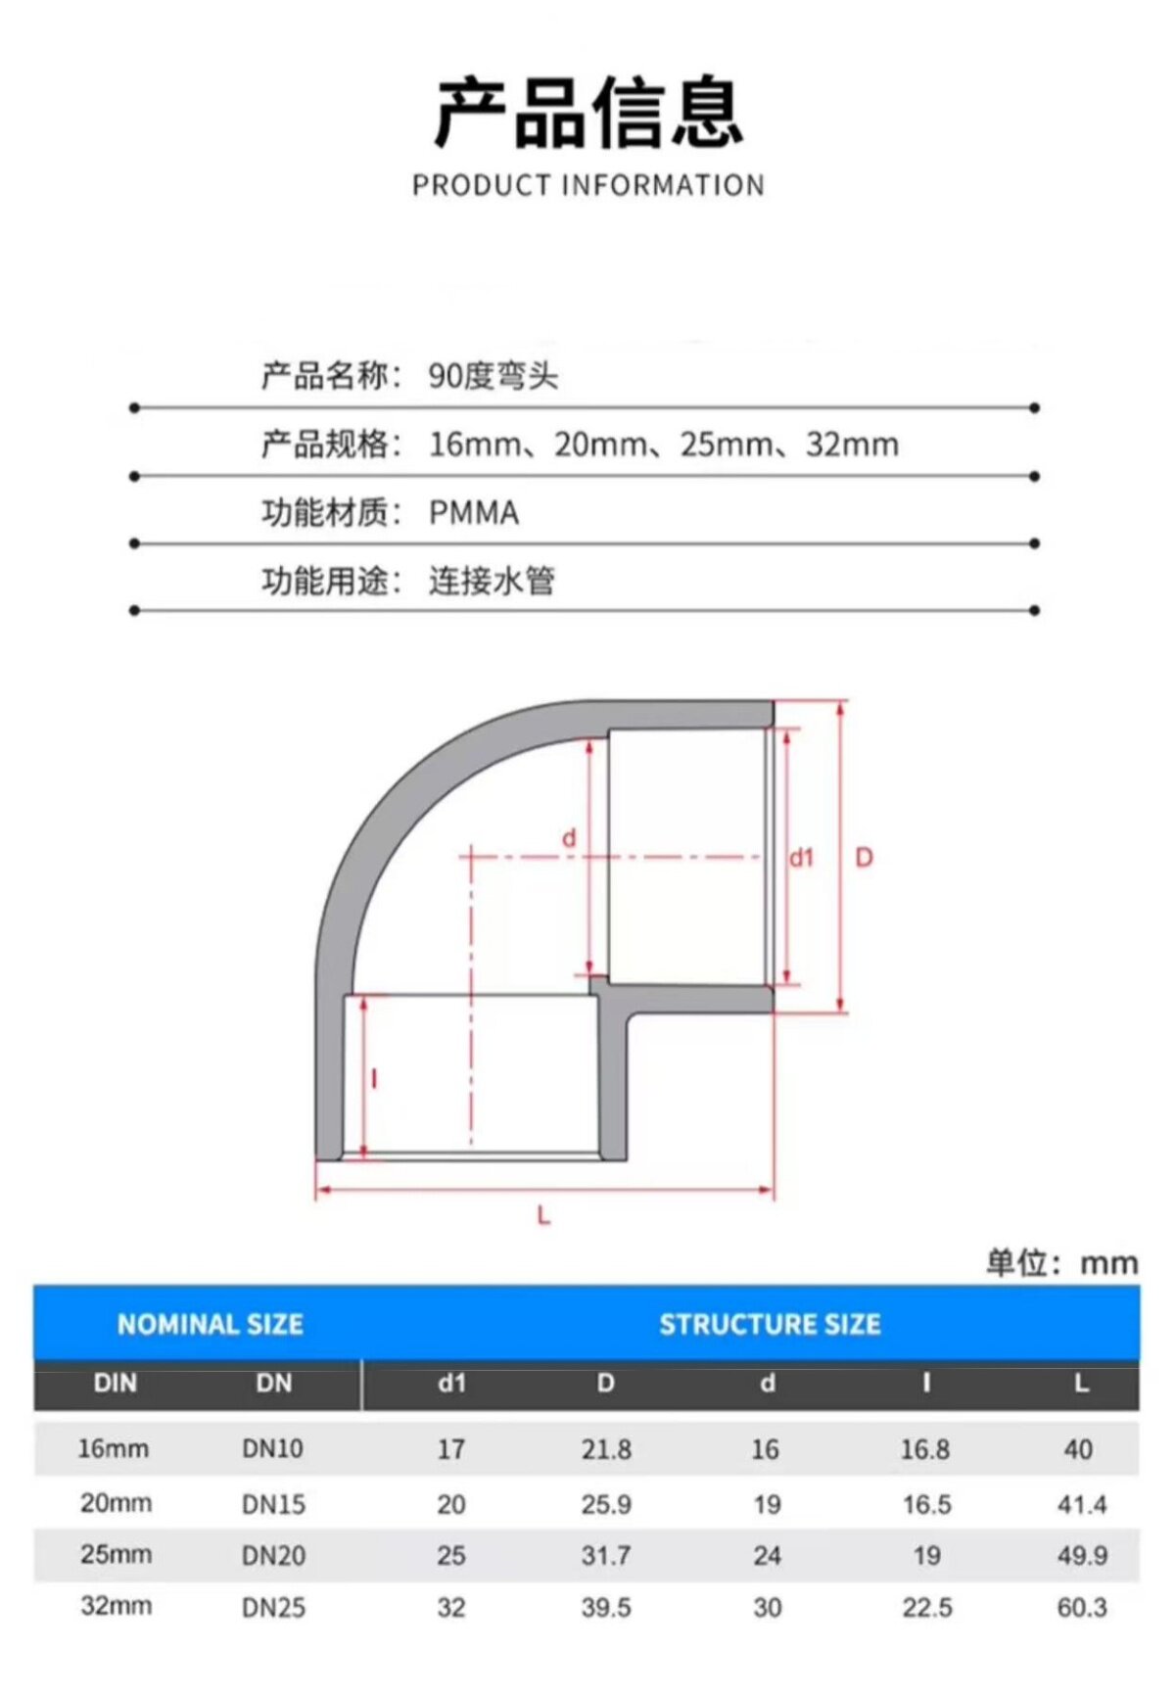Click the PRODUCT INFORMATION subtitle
587,185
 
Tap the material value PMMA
474,512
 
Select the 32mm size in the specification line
852,445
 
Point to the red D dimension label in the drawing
864,858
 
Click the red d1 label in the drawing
802,858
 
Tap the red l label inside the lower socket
375,1079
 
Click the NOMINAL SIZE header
210,1324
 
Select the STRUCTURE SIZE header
770,1324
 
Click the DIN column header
115,1384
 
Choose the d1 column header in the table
451,1384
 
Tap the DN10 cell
272,1448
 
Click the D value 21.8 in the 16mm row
606,1449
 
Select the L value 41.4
1082,1504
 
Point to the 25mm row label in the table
116,1554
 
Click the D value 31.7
606,1555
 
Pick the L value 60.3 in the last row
1082,1607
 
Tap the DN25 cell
273,1607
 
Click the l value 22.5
926,1607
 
